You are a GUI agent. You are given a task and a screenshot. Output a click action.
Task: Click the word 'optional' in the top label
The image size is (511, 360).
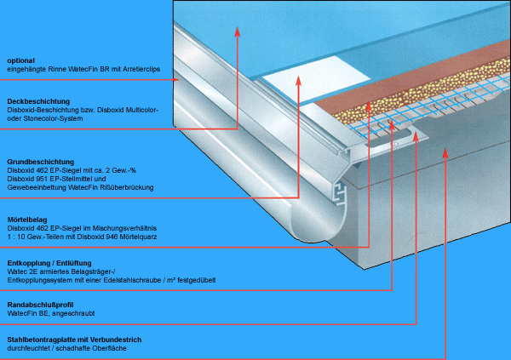(x=20, y=60)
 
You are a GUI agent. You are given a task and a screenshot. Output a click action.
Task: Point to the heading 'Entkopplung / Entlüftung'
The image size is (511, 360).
(x=49, y=263)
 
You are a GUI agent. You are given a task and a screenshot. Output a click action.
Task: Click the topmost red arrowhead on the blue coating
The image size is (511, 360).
(x=238, y=31)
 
